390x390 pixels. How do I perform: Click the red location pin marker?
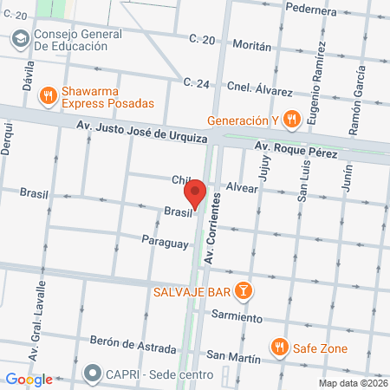click(196, 194)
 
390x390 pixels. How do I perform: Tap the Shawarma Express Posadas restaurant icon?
click(49, 95)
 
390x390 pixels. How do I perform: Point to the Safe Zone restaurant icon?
click(278, 348)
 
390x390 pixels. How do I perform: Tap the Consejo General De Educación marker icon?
click(20, 39)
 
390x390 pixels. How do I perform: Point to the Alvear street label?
click(242, 186)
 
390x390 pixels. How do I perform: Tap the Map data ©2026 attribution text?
click(351, 383)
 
